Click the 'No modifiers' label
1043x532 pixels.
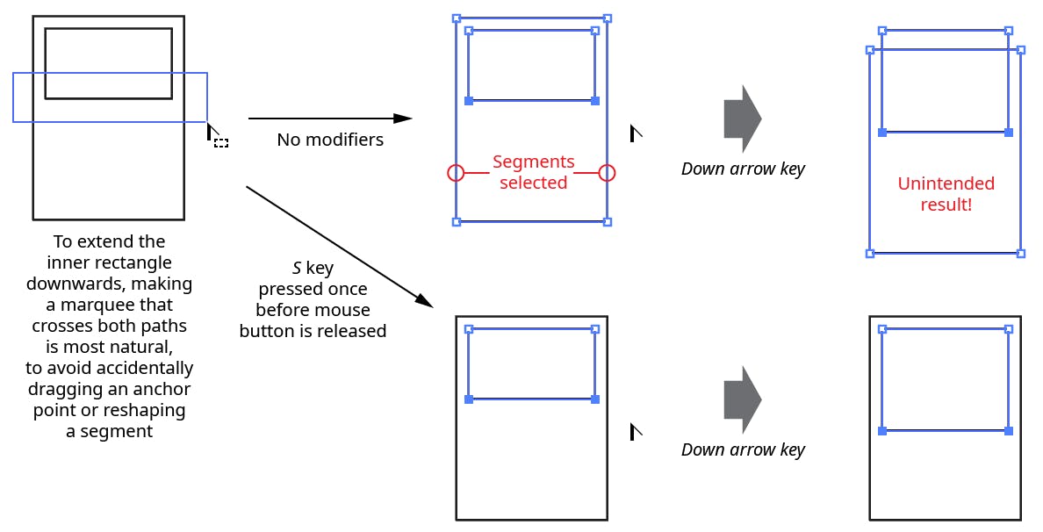coord(330,140)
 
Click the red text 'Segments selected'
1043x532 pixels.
coord(533,172)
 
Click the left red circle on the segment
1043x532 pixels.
coord(456,173)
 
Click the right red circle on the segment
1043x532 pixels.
coord(607,173)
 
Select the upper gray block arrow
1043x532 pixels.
coord(742,119)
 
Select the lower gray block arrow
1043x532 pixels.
coord(742,399)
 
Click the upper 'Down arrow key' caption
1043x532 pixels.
coord(743,169)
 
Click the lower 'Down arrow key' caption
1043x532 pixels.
coord(743,449)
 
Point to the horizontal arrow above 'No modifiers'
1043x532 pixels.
coord(329,118)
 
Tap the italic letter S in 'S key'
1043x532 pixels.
coord(297,268)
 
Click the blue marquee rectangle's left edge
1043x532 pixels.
coord(13,97)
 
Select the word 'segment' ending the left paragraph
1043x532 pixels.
coord(119,431)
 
